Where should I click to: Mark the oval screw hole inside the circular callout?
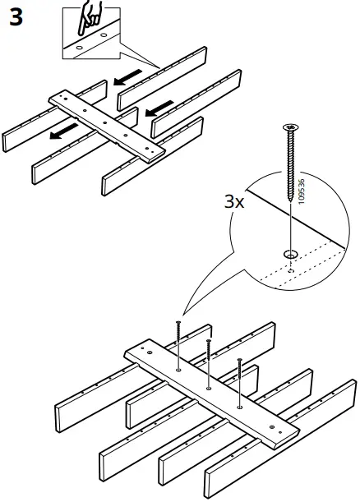pyautogui.click(x=290, y=253)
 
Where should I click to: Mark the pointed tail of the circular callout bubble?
pyautogui.click(x=185, y=312)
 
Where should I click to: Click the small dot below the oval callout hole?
pyautogui.click(x=290, y=267)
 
